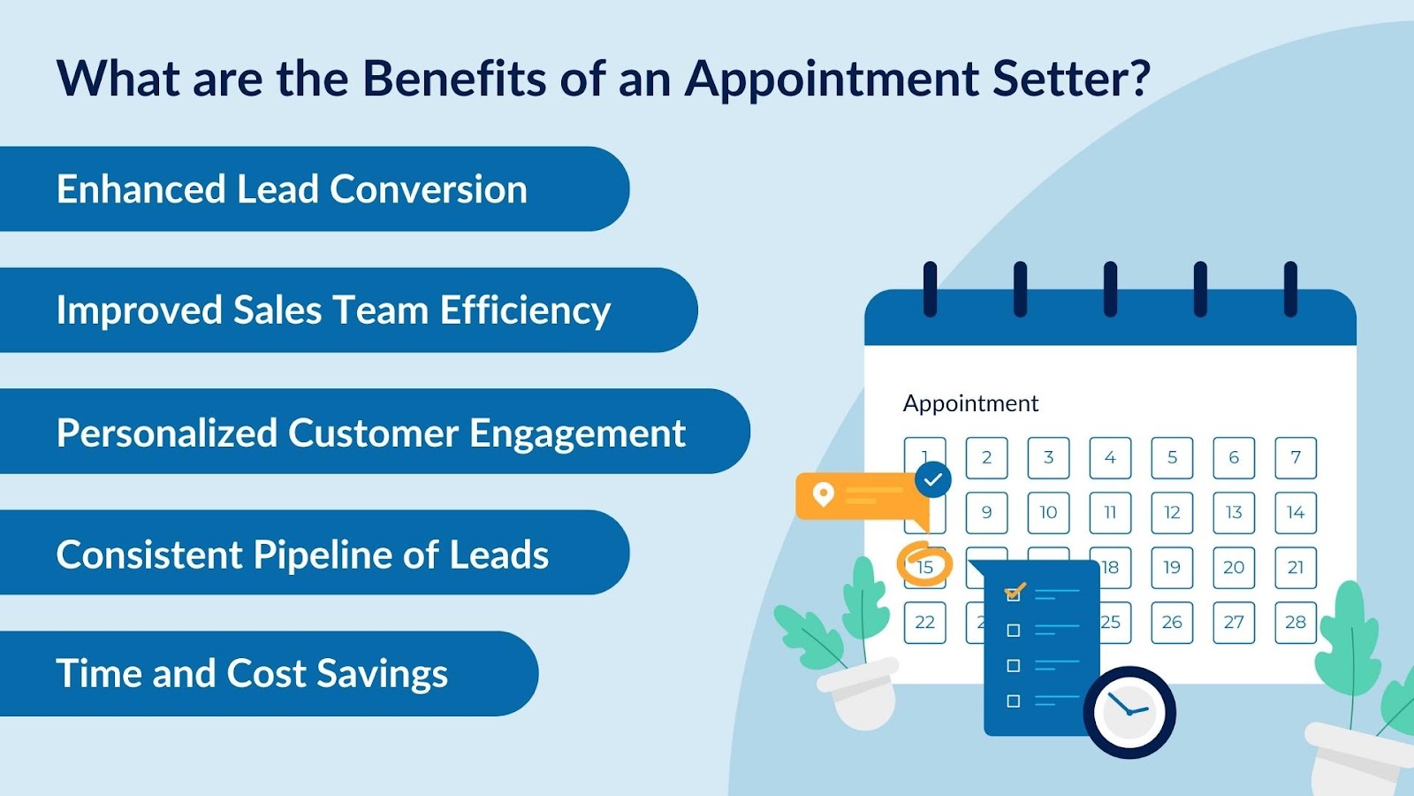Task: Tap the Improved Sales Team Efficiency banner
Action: click(334, 310)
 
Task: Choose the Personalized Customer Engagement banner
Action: click(371, 432)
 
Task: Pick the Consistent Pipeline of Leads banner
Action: click(302, 555)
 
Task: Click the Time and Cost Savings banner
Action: click(253, 674)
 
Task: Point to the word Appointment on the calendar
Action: click(970, 403)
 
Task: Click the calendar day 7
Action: click(1296, 458)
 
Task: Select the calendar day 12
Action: click(1172, 513)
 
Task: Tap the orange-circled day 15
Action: click(924, 567)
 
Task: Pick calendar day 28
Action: click(1296, 623)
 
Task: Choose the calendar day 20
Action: click(1234, 568)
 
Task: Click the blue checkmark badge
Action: click(933, 480)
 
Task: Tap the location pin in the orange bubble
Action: click(823, 494)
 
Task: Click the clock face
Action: click(1129, 711)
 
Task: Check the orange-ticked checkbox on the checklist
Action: click(1014, 593)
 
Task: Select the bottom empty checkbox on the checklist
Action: click(1014, 701)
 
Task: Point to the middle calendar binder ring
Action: click(1110, 288)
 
